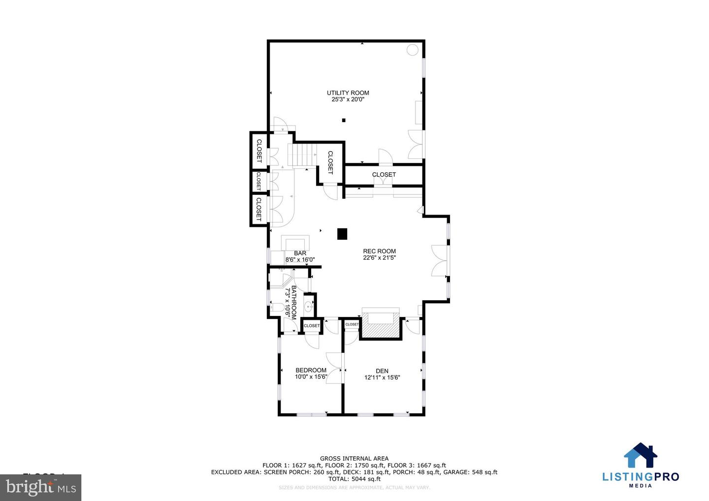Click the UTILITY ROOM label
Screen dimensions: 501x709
(x=348, y=93)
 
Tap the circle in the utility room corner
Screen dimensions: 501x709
(x=413, y=49)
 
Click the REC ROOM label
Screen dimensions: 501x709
(x=379, y=251)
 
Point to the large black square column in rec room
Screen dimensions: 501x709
(x=342, y=234)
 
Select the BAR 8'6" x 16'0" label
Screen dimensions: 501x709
(x=300, y=256)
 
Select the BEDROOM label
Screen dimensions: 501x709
(x=311, y=370)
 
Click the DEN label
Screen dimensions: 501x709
(x=382, y=371)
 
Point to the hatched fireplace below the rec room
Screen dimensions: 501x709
(x=380, y=327)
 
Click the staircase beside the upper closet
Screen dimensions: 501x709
(x=303, y=155)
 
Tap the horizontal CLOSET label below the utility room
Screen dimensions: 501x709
(x=384, y=174)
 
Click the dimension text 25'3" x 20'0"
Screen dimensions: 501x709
(x=348, y=99)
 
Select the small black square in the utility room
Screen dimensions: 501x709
(x=344, y=120)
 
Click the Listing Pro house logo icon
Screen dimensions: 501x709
(x=641, y=456)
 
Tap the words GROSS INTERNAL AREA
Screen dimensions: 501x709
(x=354, y=458)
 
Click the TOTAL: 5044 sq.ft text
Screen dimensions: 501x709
(x=354, y=479)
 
